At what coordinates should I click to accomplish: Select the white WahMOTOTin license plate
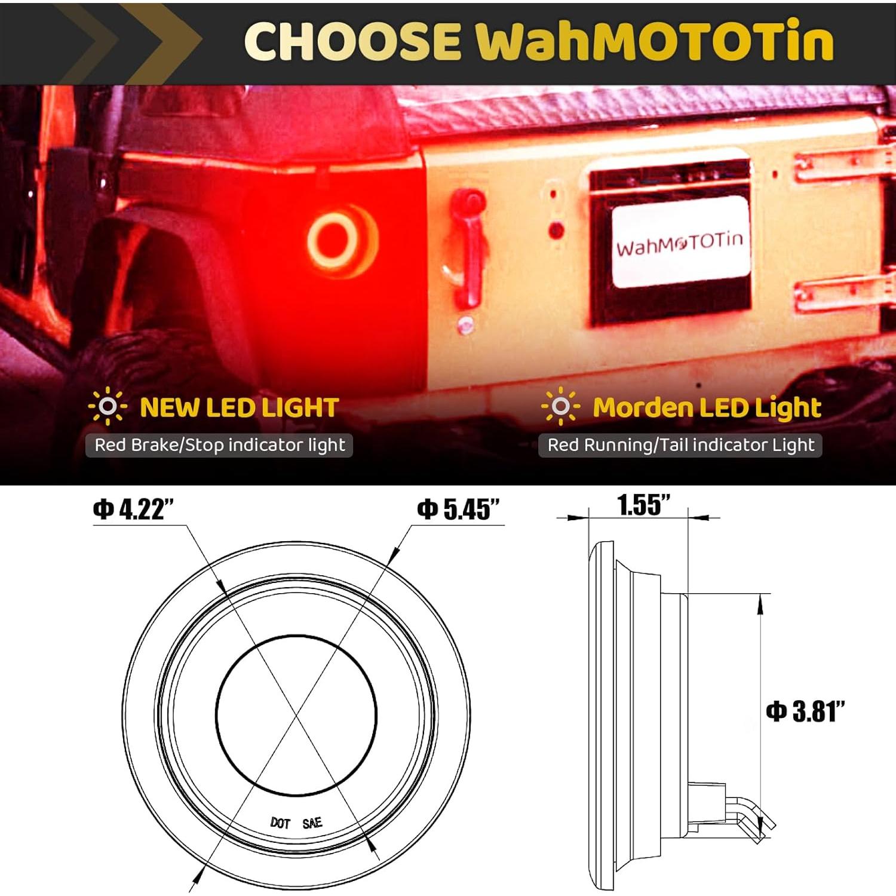click(680, 243)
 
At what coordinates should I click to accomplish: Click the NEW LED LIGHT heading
click(239, 408)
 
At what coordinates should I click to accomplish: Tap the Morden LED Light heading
click(707, 408)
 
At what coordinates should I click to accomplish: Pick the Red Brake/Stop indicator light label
click(220, 445)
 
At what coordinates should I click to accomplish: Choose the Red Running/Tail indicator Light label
click(680, 445)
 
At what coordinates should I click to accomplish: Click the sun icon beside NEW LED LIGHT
click(108, 407)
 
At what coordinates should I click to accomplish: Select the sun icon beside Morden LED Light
click(560, 407)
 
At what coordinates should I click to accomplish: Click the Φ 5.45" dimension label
click(458, 510)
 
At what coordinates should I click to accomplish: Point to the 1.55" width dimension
click(643, 505)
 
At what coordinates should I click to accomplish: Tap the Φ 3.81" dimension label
click(805, 711)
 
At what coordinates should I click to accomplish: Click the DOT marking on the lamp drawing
click(280, 823)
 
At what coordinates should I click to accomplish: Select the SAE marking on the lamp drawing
click(312, 823)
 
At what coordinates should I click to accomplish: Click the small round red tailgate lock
click(556, 230)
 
